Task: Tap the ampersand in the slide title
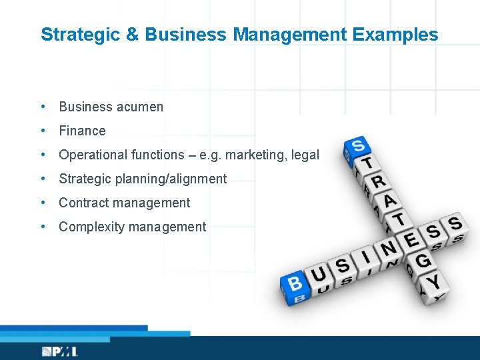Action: pos(133,35)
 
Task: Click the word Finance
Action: pos(82,131)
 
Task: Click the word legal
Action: pos(304,155)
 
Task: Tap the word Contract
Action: pos(83,203)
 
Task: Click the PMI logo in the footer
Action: pos(59,351)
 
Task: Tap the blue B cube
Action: pos(295,284)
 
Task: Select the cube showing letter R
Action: pos(377,181)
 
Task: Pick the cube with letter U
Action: pos(319,275)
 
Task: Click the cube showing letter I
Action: pos(365,257)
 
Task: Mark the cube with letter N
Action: pos(387,248)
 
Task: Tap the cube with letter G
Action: pos(422,261)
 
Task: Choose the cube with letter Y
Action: pos(433,281)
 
